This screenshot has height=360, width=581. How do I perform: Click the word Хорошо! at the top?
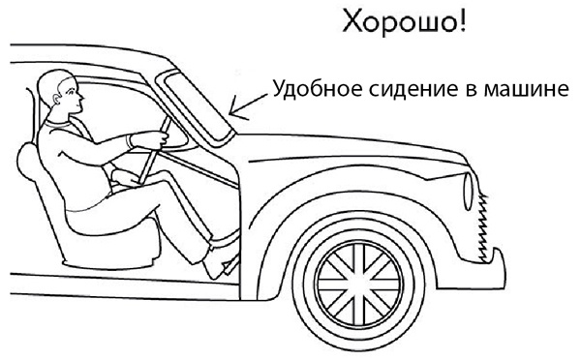tap(406, 22)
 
